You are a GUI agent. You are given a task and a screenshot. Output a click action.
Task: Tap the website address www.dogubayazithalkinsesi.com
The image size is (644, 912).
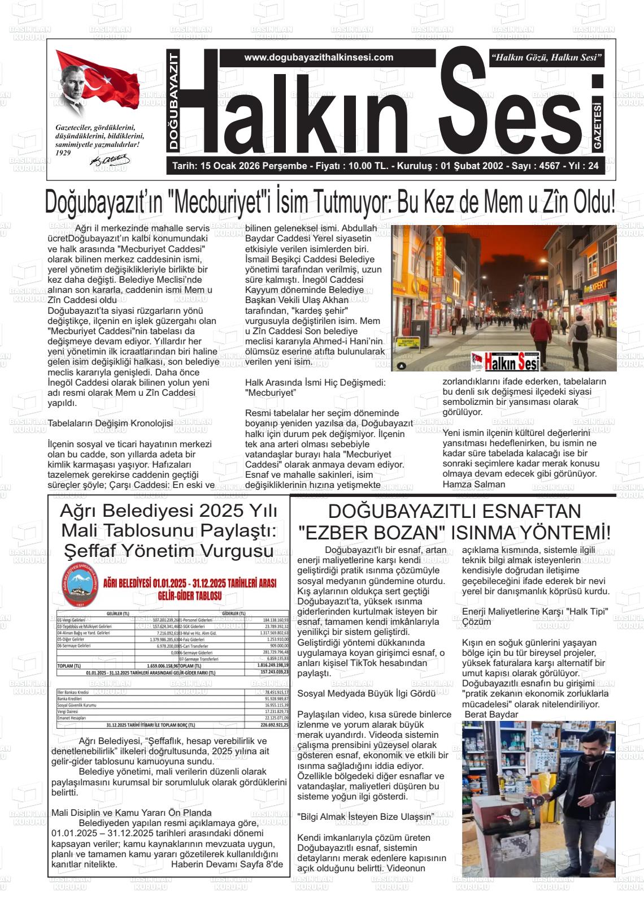point(319,57)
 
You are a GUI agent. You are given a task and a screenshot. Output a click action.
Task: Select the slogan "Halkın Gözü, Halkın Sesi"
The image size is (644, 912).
point(547,58)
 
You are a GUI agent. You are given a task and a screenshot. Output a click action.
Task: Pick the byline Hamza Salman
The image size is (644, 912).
point(473,484)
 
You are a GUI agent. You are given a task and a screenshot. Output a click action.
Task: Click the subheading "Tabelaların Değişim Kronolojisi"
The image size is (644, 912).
point(110,423)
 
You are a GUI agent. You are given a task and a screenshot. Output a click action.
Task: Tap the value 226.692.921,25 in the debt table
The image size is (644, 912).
point(274,724)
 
